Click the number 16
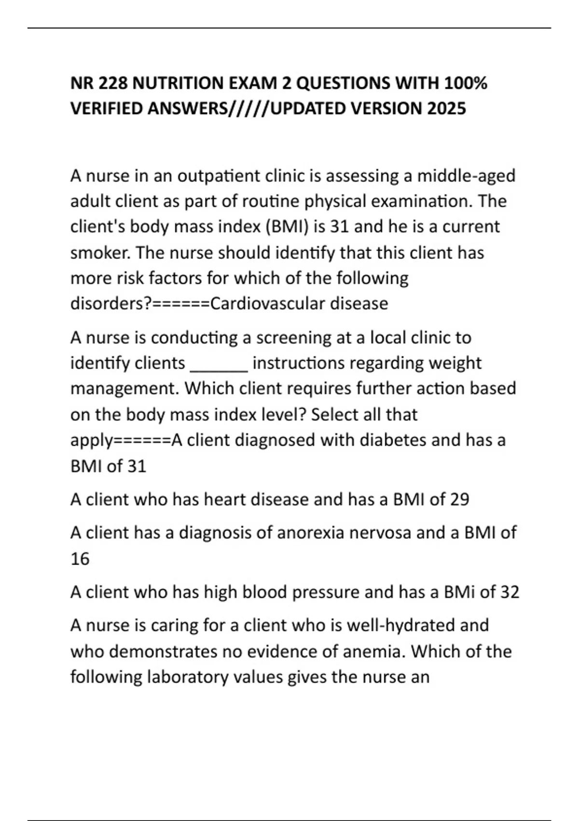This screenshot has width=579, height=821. (80, 559)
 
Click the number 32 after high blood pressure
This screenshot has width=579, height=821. (510, 592)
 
